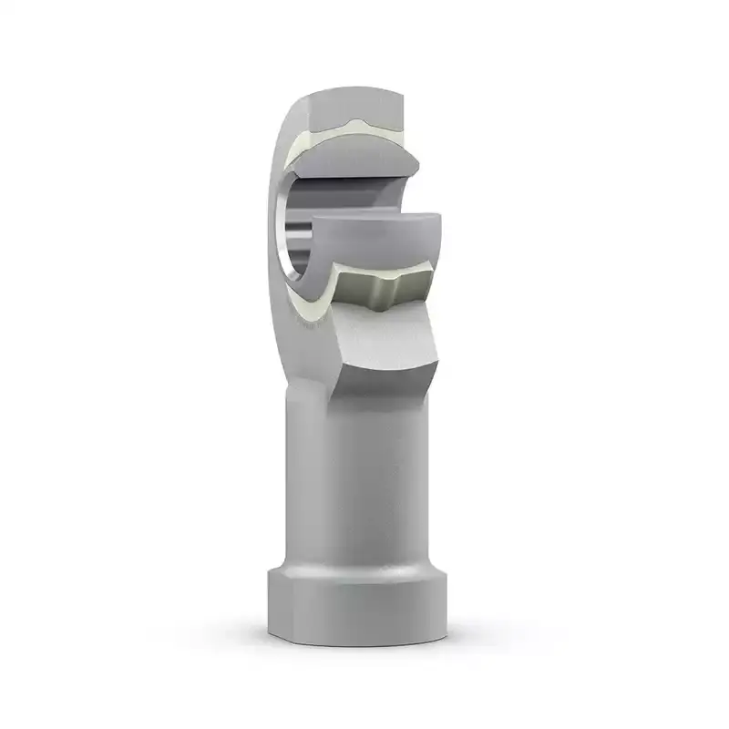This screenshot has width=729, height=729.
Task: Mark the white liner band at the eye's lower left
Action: point(305,296)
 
